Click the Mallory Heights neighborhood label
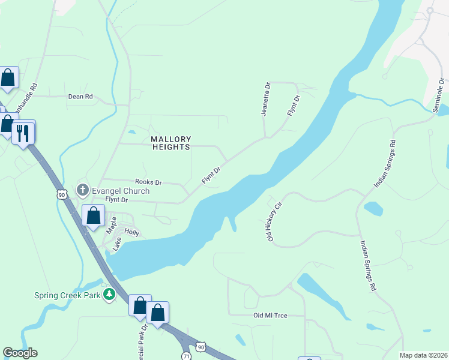coord(170,143)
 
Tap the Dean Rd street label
coord(80,96)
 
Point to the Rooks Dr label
coord(148,182)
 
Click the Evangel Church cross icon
coord(82,190)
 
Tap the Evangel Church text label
coord(120,191)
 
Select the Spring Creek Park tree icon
coord(109,295)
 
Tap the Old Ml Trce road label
coord(271,315)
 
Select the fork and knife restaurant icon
coord(23,132)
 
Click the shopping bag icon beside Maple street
coord(94,215)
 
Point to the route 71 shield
coord(187,356)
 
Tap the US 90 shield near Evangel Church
coord(62,194)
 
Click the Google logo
coord(20,353)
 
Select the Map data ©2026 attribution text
coord(423,355)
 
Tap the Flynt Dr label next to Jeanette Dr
coord(293,106)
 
